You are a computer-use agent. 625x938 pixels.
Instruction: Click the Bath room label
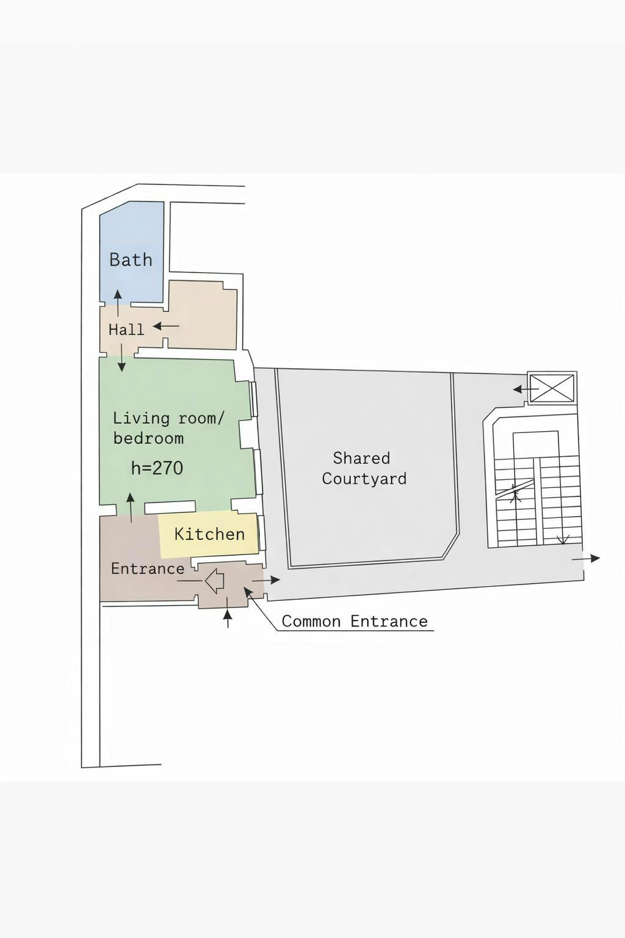click(131, 260)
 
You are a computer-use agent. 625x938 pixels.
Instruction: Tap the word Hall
click(126, 330)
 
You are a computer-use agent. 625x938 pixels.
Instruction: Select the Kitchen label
click(209, 534)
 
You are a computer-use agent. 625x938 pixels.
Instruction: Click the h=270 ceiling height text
click(157, 468)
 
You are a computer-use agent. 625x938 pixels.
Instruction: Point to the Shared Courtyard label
click(364, 468)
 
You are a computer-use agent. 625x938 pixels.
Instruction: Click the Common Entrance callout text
click(355, 621)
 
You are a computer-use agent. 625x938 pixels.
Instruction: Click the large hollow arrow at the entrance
click(214, 580)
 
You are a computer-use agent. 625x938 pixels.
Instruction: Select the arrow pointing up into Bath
click(118, 303)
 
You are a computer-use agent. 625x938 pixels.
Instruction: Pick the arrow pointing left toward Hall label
click(166, 325)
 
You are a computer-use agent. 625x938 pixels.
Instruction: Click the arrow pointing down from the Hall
click(121, 358)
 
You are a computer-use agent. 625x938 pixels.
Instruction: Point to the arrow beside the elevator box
click(526, 389)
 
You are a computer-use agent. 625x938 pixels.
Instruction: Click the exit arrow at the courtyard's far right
click(586, 558)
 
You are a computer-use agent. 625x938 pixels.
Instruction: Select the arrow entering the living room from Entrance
click(131, 507)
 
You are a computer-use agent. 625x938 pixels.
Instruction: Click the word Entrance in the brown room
click(148, 569)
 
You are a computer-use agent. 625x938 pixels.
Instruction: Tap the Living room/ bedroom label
click(168, 428)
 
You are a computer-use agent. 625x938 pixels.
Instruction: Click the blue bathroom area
click(131, 251)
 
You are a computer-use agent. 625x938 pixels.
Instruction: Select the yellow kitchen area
click(208, 535)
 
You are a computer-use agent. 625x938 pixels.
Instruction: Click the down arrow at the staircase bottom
click(563, 539)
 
